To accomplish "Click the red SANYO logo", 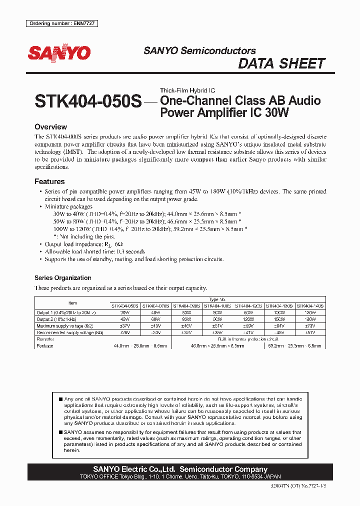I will coord(59,53).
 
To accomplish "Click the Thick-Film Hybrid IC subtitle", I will coord(187,90).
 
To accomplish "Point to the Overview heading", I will coord(50,127).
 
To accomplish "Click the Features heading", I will coord(49,181).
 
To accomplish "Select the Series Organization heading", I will coord(62,277).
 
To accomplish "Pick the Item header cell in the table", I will coord(72,302).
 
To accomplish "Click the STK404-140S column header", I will coord(310,305).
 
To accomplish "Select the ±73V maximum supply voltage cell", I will coord(310,325).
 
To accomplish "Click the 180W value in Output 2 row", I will coord(310,319).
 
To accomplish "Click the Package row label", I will coord(45,345).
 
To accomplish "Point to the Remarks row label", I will coord(45,339).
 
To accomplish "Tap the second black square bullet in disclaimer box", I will coord(60,432).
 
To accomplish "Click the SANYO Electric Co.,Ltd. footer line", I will coord(180,469).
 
